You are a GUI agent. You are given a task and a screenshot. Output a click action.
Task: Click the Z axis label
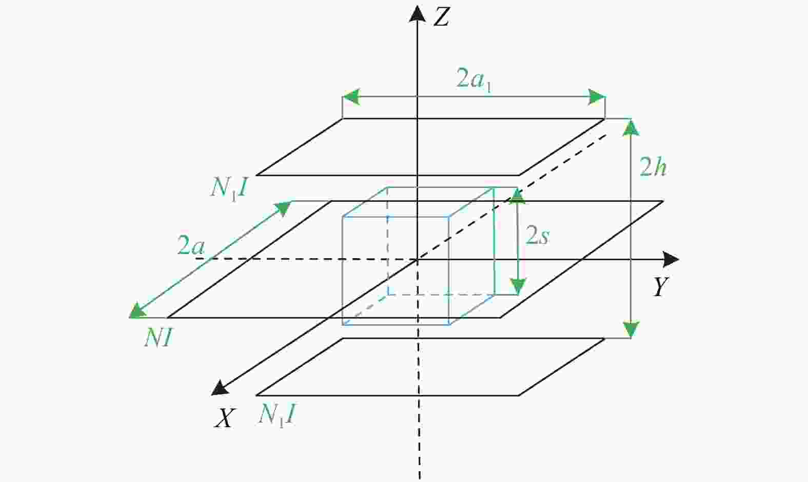(441, 17)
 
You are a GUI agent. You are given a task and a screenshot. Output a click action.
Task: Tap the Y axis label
(660, 287)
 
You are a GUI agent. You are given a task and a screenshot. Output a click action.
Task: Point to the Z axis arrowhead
(417, 14)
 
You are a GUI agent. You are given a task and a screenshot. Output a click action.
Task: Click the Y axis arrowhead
(671, 259)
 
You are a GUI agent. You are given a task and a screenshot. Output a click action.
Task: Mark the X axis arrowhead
(220, 388)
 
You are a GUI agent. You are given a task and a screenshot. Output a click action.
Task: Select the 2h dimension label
(653, 167)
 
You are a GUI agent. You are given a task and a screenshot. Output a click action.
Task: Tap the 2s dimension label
(537, 236)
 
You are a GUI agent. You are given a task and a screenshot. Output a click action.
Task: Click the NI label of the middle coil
(158, 338)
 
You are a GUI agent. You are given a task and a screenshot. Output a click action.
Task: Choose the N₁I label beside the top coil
(229, 188)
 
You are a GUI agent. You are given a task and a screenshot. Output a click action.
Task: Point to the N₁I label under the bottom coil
(277, 414)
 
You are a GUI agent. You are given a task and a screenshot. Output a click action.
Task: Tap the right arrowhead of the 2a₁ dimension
(597, 96)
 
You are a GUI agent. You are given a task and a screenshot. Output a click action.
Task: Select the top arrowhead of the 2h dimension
(631, 128)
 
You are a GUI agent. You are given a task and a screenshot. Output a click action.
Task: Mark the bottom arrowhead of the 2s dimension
(518, 287)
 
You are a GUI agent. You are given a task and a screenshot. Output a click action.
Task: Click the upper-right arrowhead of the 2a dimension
(284, 208)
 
